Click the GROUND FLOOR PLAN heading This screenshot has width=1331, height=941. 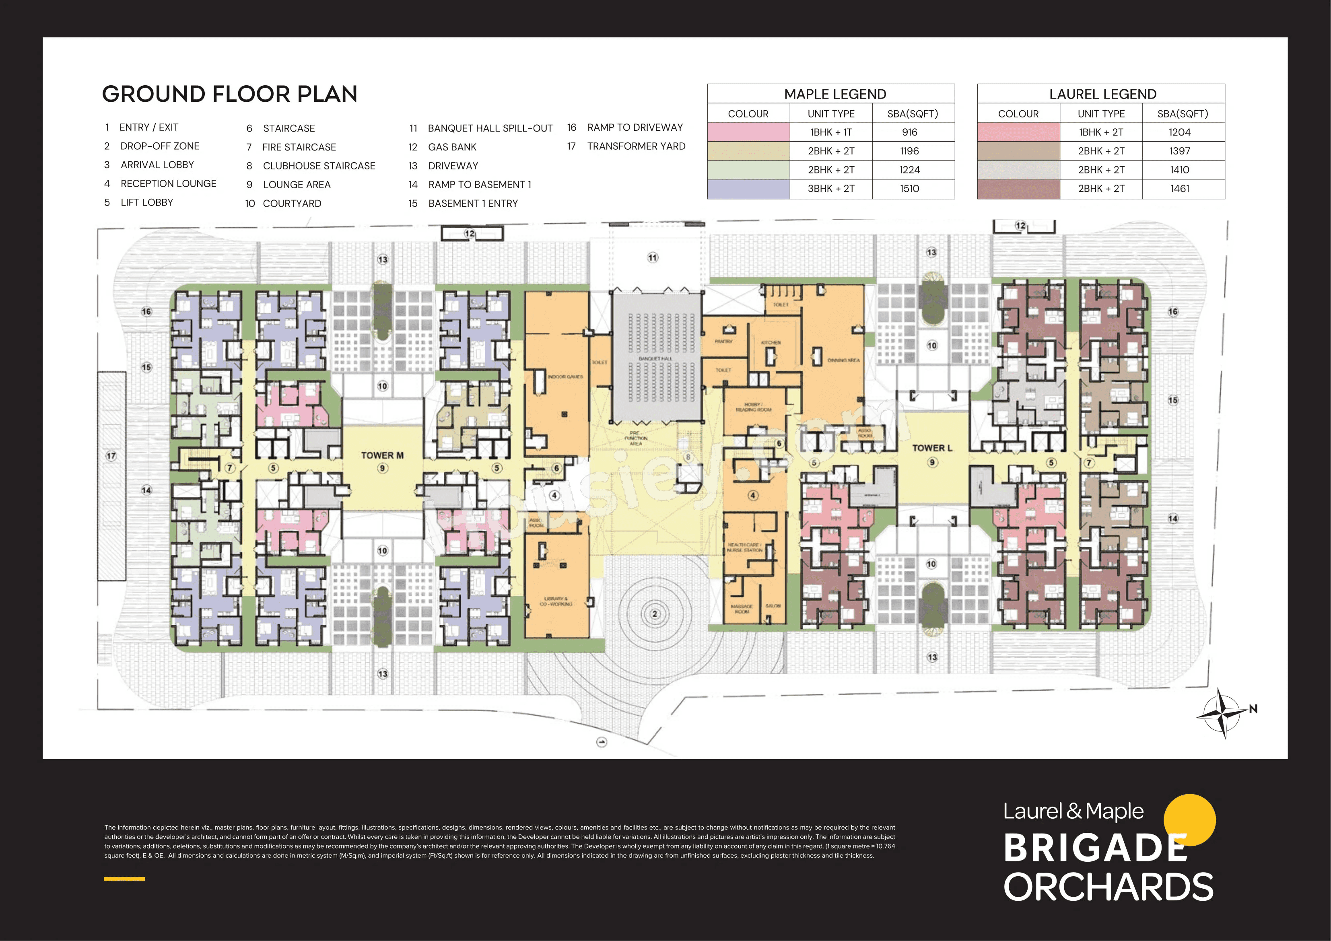click(x=230, y=94)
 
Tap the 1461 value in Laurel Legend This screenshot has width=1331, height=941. click(x=1180, y=188)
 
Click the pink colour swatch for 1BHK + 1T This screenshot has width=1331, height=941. click(x=748, y=132)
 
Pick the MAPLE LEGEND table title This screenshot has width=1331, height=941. click(x=835, y=94)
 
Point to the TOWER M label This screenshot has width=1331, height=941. click(x=382, y=455)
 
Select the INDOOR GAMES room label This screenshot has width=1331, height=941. click(x=565, y=377)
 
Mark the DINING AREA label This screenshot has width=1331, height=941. click(x=843, y=360)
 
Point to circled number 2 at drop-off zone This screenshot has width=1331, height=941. click(x=655, y=614)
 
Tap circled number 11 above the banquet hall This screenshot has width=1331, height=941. click(x=653, y=257)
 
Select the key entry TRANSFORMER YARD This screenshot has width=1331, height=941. click(x=636, y=146)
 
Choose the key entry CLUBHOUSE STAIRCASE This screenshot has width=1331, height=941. click(x=319, y=166)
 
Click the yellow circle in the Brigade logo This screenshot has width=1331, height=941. click(x=1189, y=819)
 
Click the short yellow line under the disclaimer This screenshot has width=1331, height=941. click(x=124, y=878)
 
